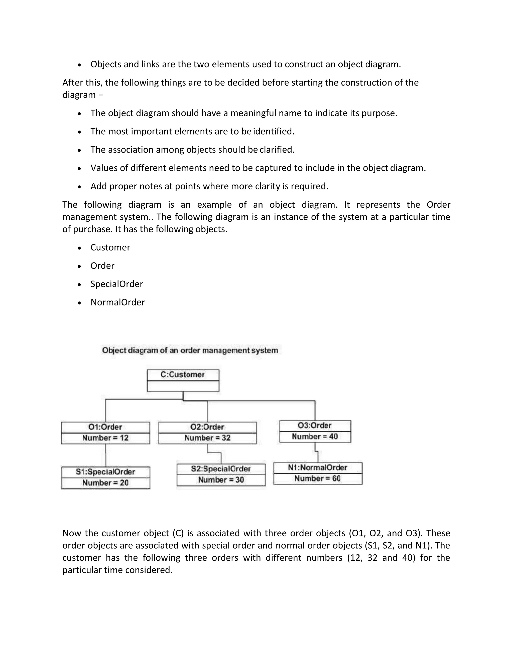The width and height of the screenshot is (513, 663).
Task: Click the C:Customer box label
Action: pos(183,375)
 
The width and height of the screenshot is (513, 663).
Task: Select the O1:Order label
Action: pos(105,427)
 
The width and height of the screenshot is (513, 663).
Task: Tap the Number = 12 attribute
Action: pos(105,438)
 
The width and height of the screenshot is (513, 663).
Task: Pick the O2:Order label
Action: pos(207,427)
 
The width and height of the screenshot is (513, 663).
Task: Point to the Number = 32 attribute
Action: pos(207,438)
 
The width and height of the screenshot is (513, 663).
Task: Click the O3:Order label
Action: pos(315,426)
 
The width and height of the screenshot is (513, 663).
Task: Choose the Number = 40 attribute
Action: pos(315,437)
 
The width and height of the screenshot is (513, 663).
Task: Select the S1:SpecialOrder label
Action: pos(105,472)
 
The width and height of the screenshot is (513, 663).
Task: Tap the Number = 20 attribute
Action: pos(105,483)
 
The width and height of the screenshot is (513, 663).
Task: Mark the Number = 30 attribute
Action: pos(221,480)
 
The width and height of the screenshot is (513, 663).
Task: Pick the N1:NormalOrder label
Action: pos(318,468)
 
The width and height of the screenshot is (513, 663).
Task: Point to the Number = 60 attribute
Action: pos(318,479)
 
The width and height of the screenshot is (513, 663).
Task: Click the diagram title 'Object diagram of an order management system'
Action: pos(190,351)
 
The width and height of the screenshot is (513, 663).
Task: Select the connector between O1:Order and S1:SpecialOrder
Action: pos(105,455)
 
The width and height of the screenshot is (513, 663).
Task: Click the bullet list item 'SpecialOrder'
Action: pos(117,284)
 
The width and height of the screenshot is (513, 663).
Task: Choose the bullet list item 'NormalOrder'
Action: pos(118,302)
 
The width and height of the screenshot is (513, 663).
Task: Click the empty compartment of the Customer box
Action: pos(183,386)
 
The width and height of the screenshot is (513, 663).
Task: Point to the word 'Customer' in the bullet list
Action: pos(110,248)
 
